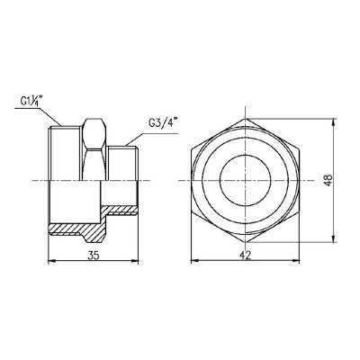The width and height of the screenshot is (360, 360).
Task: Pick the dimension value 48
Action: pos(340,179)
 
